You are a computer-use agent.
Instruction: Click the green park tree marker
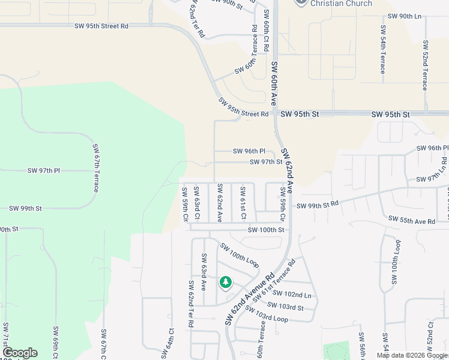pos(226,281)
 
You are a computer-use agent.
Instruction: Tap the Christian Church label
pos(342,4)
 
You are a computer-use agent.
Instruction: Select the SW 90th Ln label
pos(405,16)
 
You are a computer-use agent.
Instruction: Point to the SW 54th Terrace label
pos(382,50)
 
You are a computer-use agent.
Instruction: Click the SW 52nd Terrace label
pos(425,65)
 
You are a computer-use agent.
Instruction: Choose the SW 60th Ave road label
pos(274,83)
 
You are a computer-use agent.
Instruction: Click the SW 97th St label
pos(266,162)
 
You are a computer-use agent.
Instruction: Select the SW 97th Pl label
pos(44,170)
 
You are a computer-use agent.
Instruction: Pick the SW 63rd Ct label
pos(196,203)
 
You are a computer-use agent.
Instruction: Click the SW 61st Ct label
pos(243,203)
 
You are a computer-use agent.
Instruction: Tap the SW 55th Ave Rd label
pos(411,221)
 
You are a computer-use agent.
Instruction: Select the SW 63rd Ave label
pos(203,272)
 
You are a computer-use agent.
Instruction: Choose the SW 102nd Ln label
pos(292,295)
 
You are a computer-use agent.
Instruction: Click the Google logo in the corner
pos(20,353)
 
